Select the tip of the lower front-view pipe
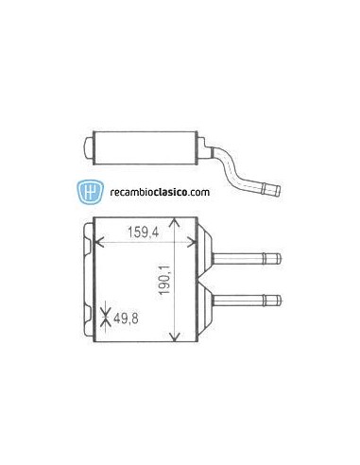click(278, 301)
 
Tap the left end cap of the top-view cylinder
click(88, 148)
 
